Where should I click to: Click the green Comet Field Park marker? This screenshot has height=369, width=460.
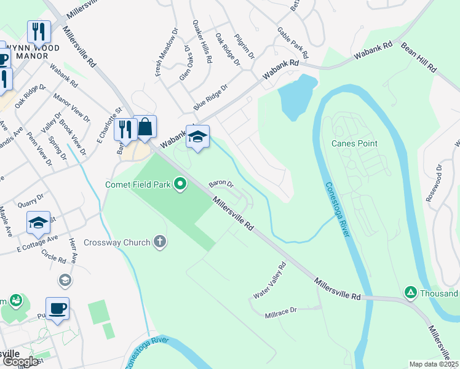180,184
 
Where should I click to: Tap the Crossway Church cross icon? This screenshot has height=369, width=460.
159,242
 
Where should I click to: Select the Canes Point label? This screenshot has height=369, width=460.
354,143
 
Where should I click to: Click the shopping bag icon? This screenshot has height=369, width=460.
145,129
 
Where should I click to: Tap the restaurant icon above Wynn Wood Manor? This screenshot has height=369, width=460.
39,32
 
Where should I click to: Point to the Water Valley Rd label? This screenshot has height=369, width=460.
271,280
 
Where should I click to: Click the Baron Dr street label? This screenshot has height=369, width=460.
221,183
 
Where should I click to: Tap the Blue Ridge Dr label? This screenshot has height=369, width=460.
211,97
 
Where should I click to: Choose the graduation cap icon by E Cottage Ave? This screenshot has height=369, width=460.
38,223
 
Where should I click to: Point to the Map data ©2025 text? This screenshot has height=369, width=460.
433,364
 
